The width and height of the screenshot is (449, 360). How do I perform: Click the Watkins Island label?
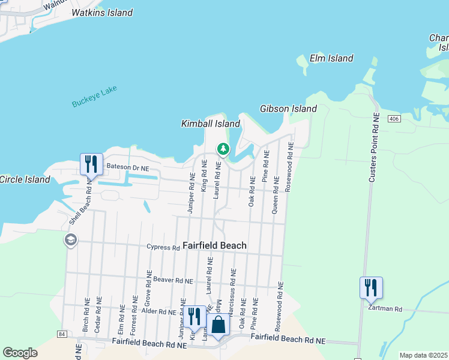102,13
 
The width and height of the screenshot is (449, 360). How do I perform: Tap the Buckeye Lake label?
94,97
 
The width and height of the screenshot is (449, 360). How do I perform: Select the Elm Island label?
331,59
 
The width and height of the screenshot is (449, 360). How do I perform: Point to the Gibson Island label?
288,109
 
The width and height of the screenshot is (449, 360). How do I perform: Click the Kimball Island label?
211,124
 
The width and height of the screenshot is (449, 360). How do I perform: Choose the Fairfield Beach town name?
214,245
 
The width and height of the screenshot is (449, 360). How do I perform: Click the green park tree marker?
223,148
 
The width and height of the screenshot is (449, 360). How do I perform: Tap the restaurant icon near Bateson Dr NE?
91,163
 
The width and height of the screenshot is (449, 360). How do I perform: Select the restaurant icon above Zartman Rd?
371,287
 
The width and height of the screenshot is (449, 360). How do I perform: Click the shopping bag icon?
218,325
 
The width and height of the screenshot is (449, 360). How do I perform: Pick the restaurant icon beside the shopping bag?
194,316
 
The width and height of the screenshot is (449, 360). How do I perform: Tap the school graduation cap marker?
70,241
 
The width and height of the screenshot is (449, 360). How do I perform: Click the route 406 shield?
393,119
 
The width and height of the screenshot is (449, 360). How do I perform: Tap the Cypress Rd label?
163,247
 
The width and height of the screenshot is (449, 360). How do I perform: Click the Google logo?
20,352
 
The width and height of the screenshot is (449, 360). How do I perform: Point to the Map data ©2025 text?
423,355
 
